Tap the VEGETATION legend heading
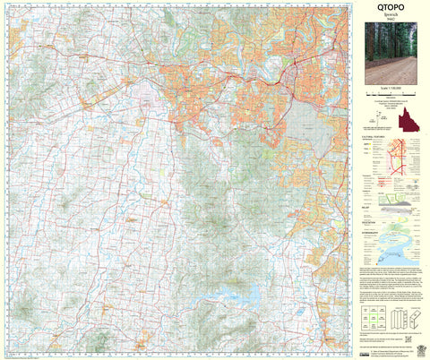372,220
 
